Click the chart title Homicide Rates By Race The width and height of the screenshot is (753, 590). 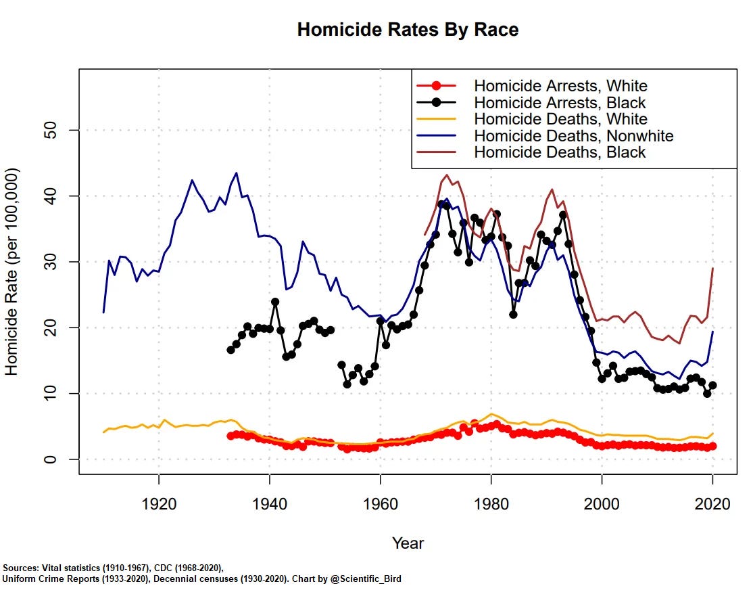(408, 30)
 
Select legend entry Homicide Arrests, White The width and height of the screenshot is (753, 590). (560, 86)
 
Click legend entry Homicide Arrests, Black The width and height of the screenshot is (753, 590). (560, 103)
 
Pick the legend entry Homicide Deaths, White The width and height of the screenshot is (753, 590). (560, 119)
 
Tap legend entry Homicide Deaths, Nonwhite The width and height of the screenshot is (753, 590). (573, 135)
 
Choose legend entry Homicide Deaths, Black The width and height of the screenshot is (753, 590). (560, 152)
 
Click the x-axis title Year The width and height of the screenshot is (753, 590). (408, 543)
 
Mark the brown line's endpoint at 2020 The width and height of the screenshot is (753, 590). (713, 269)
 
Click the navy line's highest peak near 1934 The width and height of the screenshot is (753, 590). (236, 173)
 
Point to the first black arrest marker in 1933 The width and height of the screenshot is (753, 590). (230, 350)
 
